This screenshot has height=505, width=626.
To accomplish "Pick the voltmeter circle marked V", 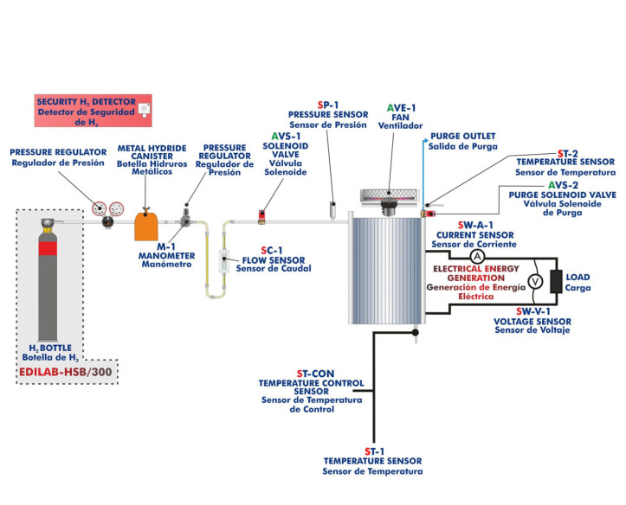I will (534, 280).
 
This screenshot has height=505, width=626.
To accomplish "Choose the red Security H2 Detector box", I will (94, 112).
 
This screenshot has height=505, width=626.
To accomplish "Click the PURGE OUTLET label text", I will (461, 137).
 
